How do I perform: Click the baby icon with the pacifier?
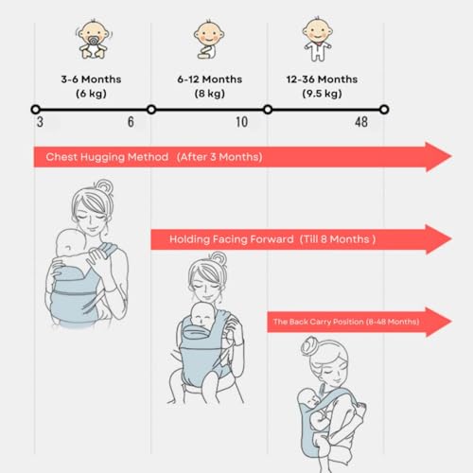click(93, 40)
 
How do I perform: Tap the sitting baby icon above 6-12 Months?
click(208, 40)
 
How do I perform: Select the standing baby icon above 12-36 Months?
click(317, 40)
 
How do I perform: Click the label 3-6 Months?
click(91, 79)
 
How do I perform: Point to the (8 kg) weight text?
click(210, 94)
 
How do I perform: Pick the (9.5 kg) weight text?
click(322, 94)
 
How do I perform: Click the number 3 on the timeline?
click(40, 122)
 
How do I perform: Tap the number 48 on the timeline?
click(361, 122)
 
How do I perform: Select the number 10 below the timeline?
click(242, 122)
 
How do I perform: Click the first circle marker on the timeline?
click(35, 110)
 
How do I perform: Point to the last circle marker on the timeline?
click(384, 110)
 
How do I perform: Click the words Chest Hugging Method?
click(107, 157)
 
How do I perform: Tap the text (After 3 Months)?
click(219, 157)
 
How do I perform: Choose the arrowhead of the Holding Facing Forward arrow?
click(438, 239)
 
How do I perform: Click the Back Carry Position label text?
click(346, 322)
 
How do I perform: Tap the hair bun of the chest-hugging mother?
click(105, 187)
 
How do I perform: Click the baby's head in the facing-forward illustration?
click(203, 314)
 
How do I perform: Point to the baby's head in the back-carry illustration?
click(309, 399)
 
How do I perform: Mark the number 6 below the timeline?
click(131, 122)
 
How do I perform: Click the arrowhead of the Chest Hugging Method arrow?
click(438, 157)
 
